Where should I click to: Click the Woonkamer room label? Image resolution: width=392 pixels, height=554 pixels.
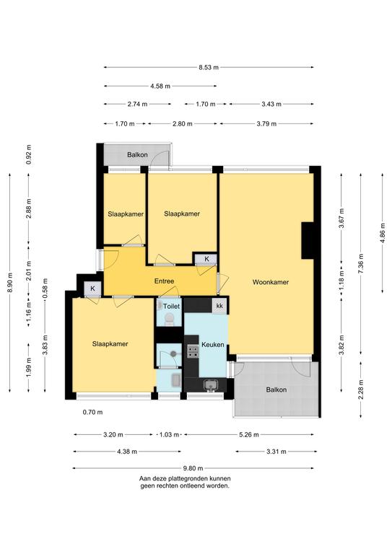pyautogui.click(x=271, y=282)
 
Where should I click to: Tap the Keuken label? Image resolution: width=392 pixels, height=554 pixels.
pyautogui.click(x=213, y=344)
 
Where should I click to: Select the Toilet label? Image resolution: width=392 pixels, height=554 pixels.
pyautogui.click(x=171, y=307)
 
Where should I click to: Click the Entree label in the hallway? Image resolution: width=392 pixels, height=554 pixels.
pyautogui.click(x=164, y=281)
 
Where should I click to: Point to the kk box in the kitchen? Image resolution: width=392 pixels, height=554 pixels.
pyautogui.click(x=219, y=306)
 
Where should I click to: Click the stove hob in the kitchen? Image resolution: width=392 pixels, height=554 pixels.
pyautogui.click(x=193, y=351)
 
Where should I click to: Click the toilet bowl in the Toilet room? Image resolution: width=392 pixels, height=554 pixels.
pyautogui.click(x=170, y=318)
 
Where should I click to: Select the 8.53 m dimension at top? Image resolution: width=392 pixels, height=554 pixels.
pyautogui.click(x=209, y=67)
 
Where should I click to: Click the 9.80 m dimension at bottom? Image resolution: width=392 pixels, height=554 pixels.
pyautogui.click(x=193, y=468)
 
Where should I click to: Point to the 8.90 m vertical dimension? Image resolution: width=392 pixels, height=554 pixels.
pyautogui.click(x=10, y=283)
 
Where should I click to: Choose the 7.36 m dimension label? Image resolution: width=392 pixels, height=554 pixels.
pyautogui.click(x=360, y=263)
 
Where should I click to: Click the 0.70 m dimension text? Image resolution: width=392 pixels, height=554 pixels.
pyautogui.click(x=92, y=412)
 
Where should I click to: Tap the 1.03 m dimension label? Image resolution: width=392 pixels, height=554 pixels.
pyautogui.click(x=170, y=434)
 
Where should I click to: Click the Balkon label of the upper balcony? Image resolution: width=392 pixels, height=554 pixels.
pyautogui.click(x=137, y=155)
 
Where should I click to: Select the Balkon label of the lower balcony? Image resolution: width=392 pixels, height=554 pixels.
pyautogui.click(x=276, y=390)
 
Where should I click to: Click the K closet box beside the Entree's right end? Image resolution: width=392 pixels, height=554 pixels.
pyautogui.click(x=206, y=259)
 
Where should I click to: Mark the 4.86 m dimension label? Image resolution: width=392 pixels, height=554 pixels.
pyautogui.click(x=382, y=233)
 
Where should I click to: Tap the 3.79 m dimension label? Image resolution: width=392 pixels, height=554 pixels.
pyautogui.click(x=266, y=123)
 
